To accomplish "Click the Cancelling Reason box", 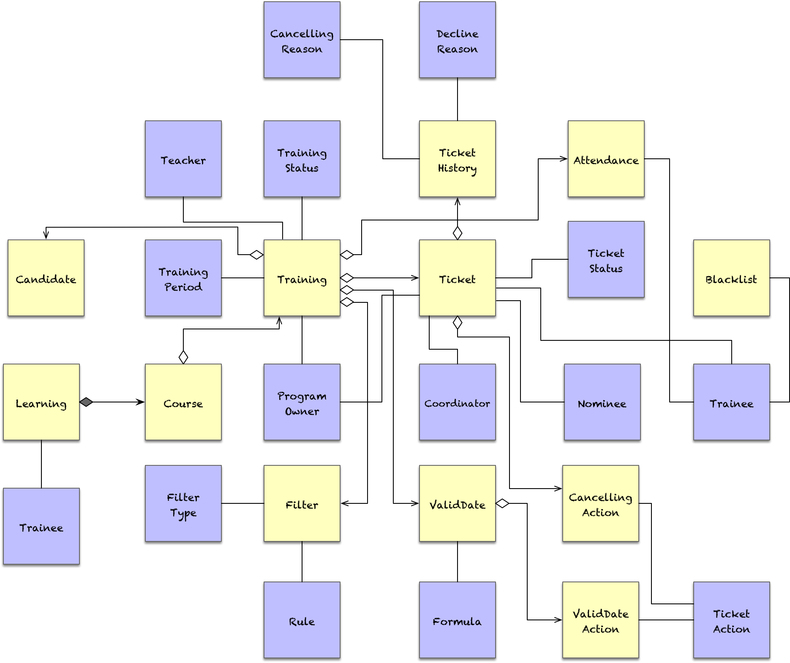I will tap(302, 40).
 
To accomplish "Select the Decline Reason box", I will tap(457, 40).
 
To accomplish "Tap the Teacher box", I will tap(183, 159).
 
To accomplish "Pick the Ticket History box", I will tap(457, 159).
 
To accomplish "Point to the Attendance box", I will tap(606, 159).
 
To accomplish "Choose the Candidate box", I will tap(46, 278).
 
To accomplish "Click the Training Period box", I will tap(183, 278).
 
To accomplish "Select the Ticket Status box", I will tap(606, 259).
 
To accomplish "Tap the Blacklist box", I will tap(731, 278).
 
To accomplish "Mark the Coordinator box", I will tap(457, 402).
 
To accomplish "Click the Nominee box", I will tap(602, 402).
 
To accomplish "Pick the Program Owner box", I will tap(302, 402).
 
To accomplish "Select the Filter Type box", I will tap(183, 503).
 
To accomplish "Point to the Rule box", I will tap(302, 620).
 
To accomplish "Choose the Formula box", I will tap(457, 620).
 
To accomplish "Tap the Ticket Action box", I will tap(731, 620).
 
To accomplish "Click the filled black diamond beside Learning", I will tap(86, 402).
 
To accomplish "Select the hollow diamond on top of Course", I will tap(183, 357).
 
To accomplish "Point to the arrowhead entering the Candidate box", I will tap(46, 235).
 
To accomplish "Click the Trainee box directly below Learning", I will tap(41, 526).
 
